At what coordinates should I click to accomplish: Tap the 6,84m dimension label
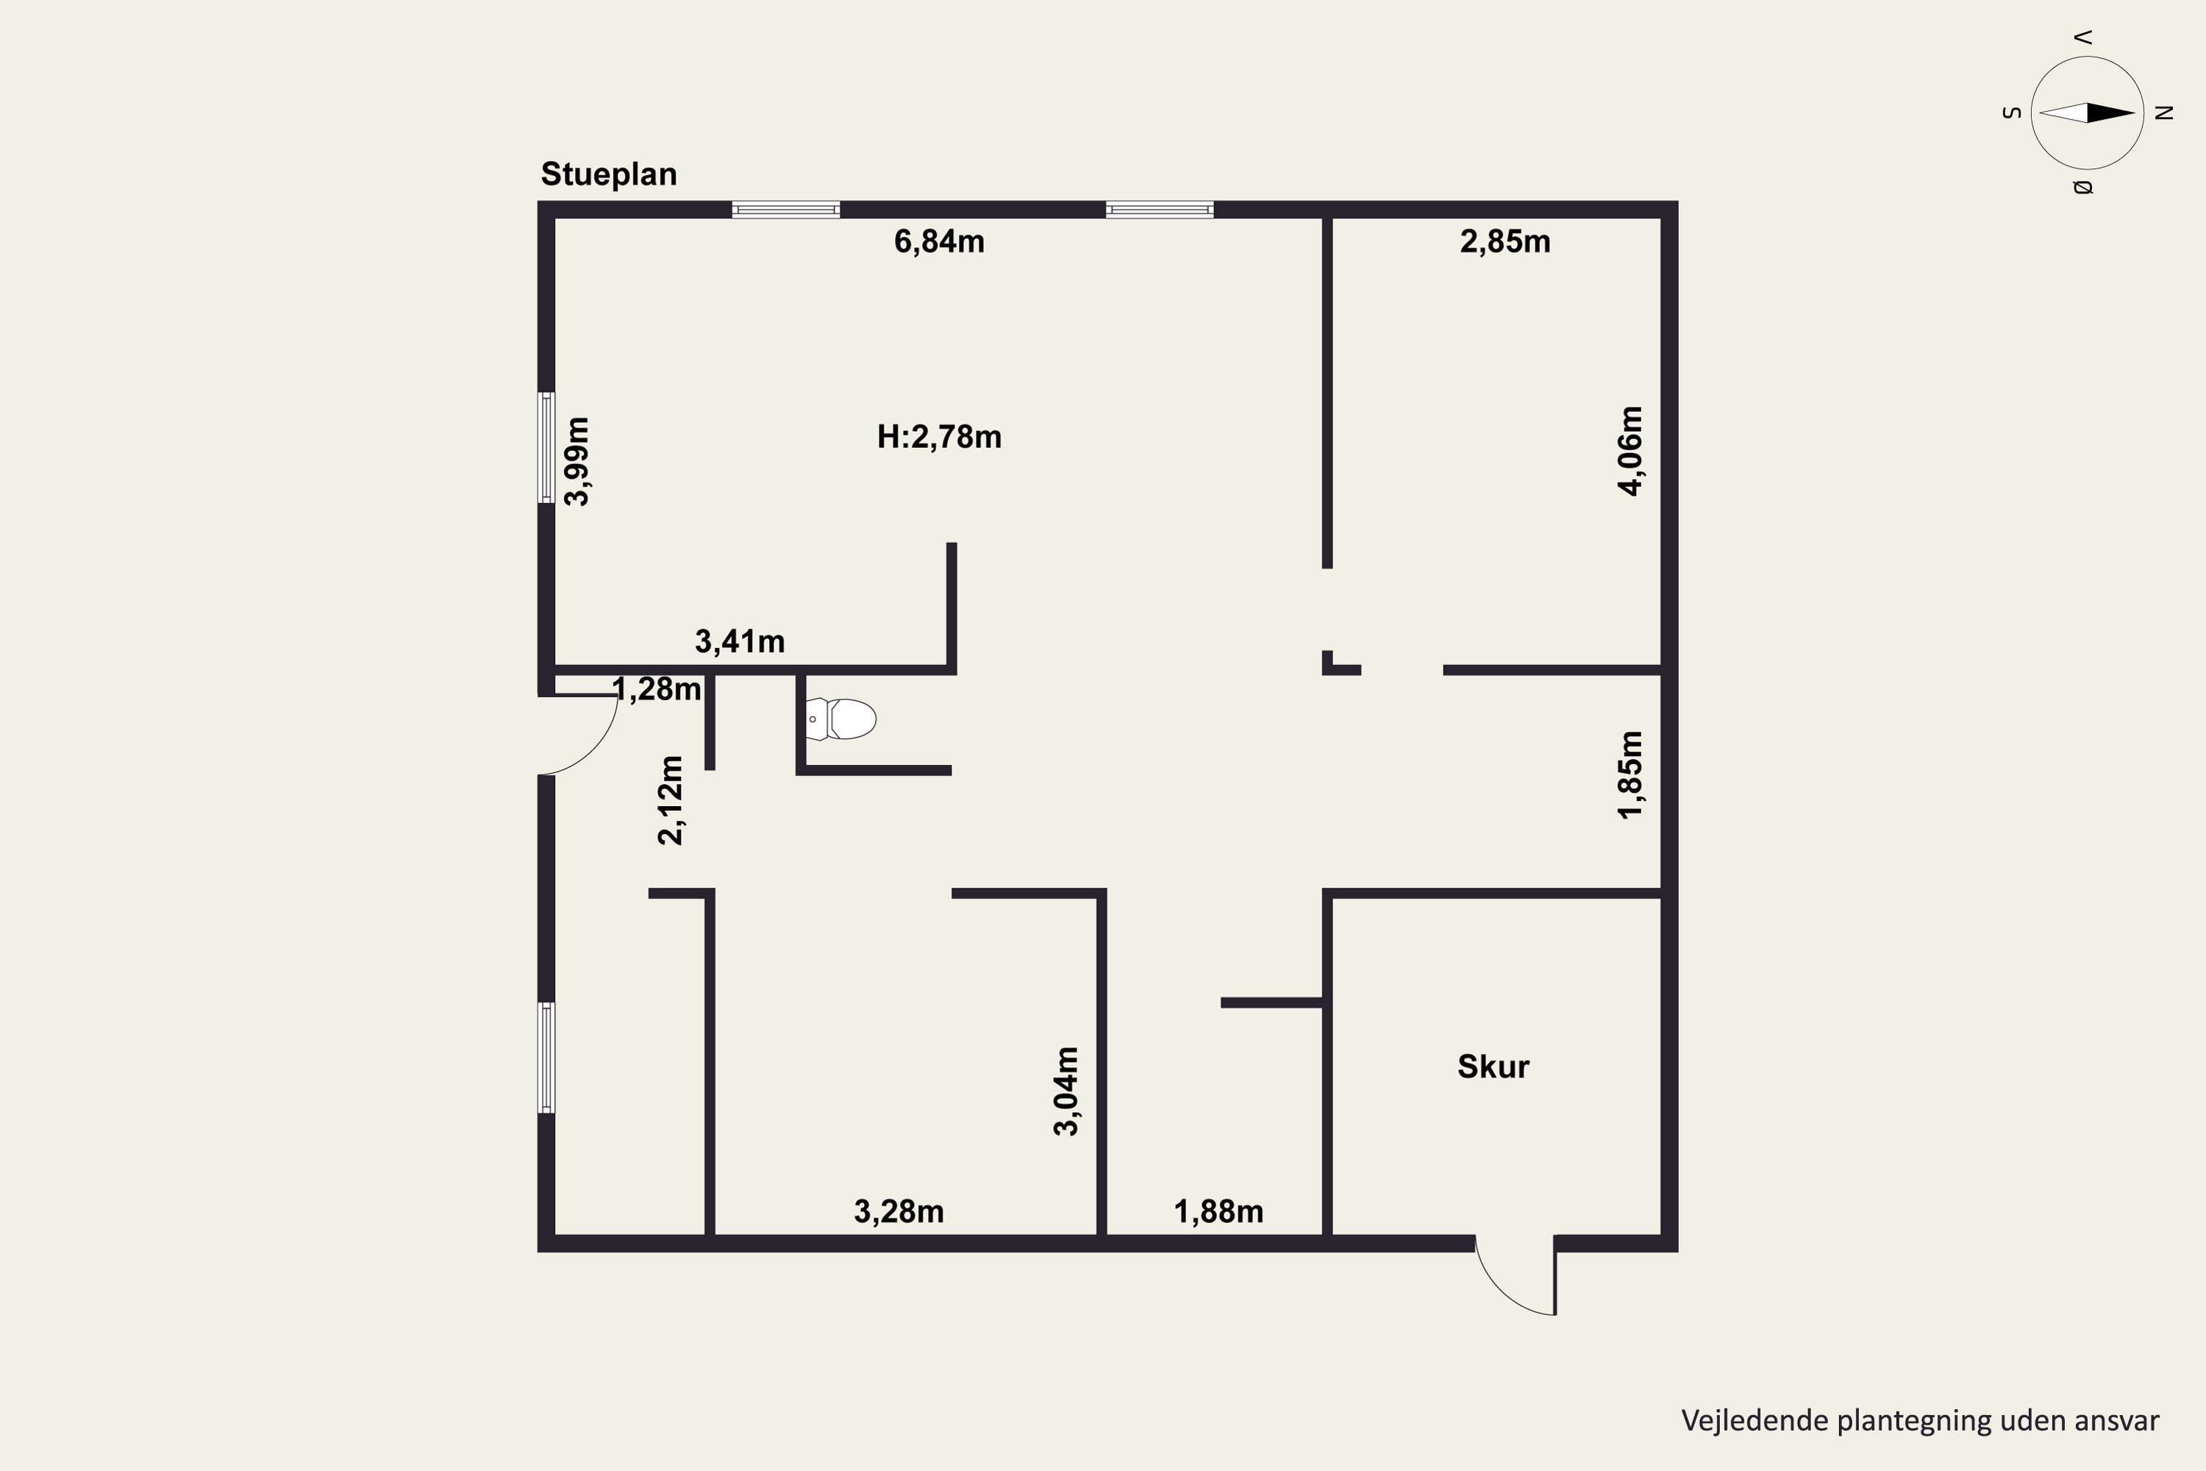(939, 242)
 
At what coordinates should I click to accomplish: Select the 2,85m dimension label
(1504, 242)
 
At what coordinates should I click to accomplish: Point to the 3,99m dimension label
(577, 462)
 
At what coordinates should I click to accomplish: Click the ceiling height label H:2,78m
(939, 437)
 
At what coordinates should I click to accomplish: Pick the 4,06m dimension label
(1630, 452)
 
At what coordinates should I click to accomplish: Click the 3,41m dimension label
(739, 641)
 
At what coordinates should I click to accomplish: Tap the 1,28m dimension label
(657, 690)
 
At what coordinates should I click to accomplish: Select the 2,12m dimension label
(671, 800)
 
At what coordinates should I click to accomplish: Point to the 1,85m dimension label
(1630, 775)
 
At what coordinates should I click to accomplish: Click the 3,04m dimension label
(1065, 1091)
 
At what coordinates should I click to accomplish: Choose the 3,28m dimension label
(899, 1212)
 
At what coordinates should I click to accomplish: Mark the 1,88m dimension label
(1218, 1212)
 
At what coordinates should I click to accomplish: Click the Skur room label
(1493, 1066)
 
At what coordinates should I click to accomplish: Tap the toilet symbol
(840, 719)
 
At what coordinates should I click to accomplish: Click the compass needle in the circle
(2087, 113)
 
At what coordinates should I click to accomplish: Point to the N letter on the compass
(2165, 113)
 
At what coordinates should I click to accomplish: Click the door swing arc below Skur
(1499, 1294)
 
